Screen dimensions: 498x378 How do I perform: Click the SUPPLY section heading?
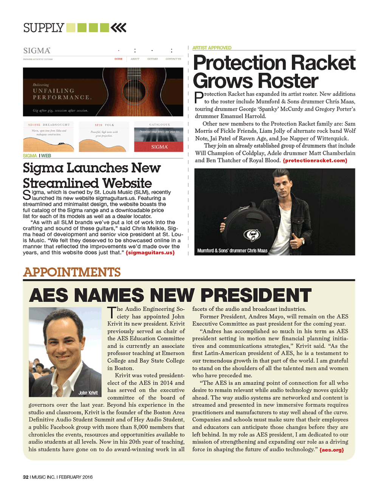click(43, 28)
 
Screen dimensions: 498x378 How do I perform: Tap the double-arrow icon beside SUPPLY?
click(119, 28)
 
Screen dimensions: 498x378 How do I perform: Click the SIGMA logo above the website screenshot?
click(37, 51)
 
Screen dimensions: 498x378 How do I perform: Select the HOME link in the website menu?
click(118, 59)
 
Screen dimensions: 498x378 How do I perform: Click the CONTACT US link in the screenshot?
click(173, 59)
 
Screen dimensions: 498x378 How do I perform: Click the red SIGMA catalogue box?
click(159, 146)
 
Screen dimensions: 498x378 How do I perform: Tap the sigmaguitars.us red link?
click(150, 253)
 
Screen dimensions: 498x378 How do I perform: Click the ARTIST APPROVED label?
click(212, 48)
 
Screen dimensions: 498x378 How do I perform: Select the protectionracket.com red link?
click(315, 160)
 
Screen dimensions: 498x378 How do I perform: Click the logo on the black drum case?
click(251, 235)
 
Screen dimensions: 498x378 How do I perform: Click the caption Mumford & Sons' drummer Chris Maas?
click(232, 251)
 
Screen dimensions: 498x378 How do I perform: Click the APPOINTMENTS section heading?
click(72, 272)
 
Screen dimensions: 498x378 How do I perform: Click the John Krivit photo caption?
click(88, 393)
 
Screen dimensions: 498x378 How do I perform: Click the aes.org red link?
click(332, 450)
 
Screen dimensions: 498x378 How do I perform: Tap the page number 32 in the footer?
click(26, 477)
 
